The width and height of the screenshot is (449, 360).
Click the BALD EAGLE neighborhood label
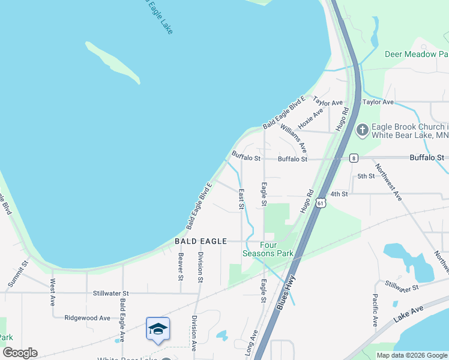pos(200,241)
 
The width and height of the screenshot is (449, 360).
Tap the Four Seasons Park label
pos(268,249)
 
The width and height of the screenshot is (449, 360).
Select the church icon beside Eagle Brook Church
pos(363,130)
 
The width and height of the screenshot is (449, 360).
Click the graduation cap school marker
pos(157,328)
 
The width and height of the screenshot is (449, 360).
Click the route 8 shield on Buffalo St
pos(354,158)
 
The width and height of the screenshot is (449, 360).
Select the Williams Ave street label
pos(294,138)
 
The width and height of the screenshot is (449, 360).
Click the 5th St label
pos(366,176)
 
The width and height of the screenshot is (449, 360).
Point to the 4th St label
pos(339,194)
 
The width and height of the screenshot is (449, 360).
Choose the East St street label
pos(241,199)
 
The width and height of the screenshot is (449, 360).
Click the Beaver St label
pos(180,266)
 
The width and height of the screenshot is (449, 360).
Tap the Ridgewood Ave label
pos(88,317)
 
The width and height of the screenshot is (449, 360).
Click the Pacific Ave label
pos(375,310)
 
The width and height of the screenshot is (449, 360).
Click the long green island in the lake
pos(113,61)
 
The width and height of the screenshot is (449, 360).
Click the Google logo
pos(20,353)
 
